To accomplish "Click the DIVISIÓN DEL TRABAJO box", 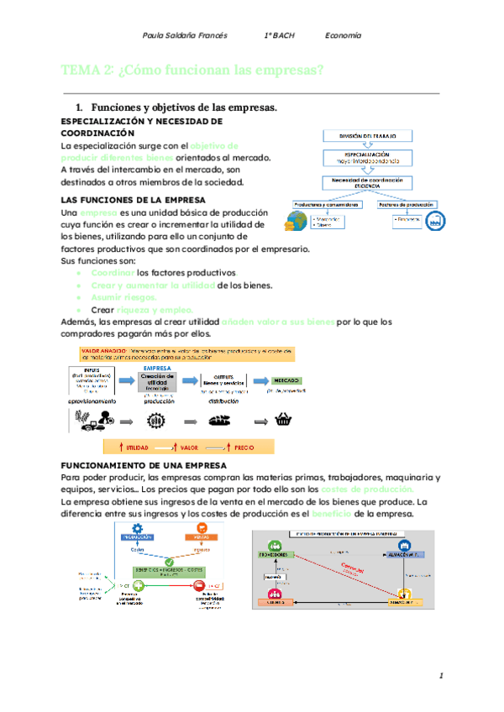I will point(368,135).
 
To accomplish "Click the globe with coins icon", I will point(295,221).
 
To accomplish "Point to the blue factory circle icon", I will point(434,221).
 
